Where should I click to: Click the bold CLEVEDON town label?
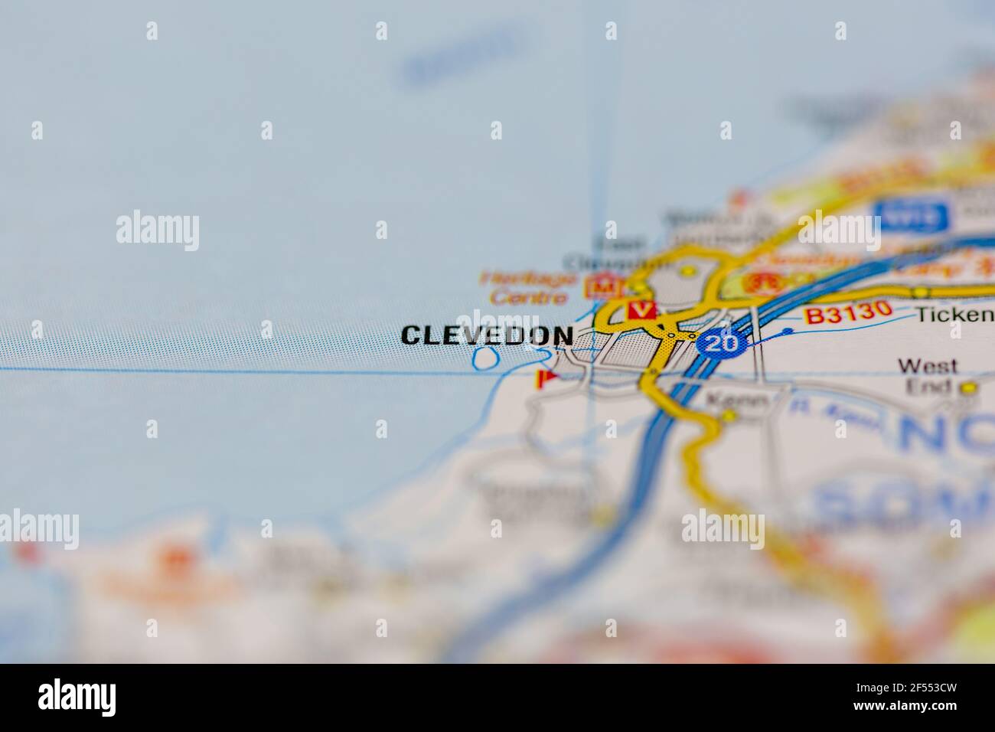487,335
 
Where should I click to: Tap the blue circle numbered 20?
722,342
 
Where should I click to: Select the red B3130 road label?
848,312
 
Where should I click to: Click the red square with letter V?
641,310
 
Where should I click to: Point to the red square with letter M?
602,286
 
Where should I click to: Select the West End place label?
927,375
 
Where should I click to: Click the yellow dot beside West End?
969,388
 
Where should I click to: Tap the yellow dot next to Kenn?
729,416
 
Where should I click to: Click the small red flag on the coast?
545,379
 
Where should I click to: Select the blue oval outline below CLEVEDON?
484,358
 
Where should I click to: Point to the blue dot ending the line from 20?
788,332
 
